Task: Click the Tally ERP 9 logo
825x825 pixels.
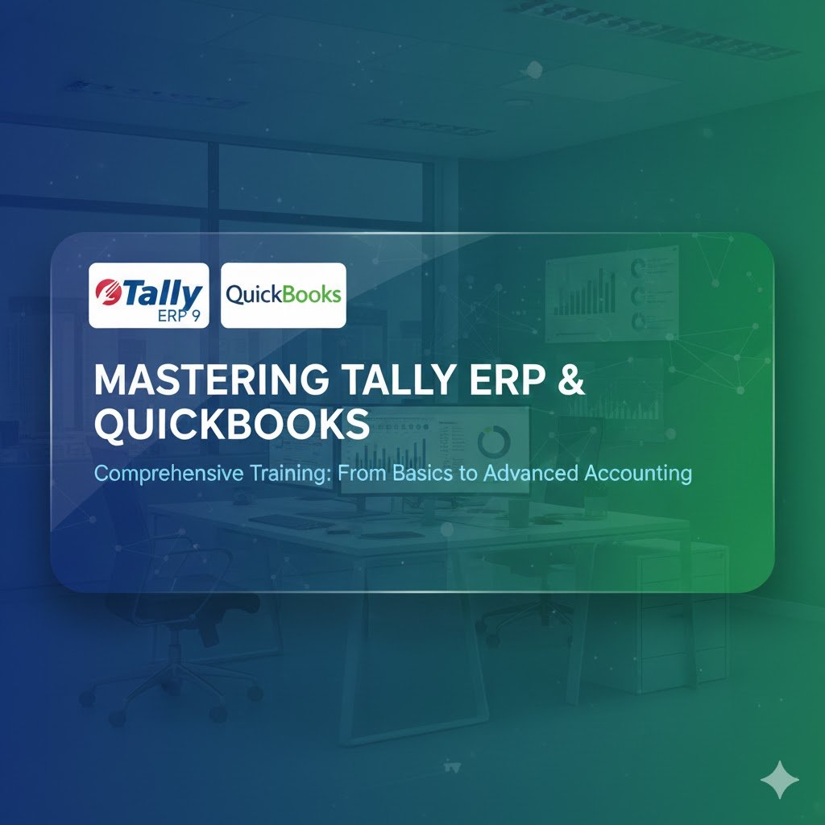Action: pos(148,296)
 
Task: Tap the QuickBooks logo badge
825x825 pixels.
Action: pos(283,295)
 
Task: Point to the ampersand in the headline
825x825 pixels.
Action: pos(570,380)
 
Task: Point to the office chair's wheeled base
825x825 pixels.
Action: pos(173,693)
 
